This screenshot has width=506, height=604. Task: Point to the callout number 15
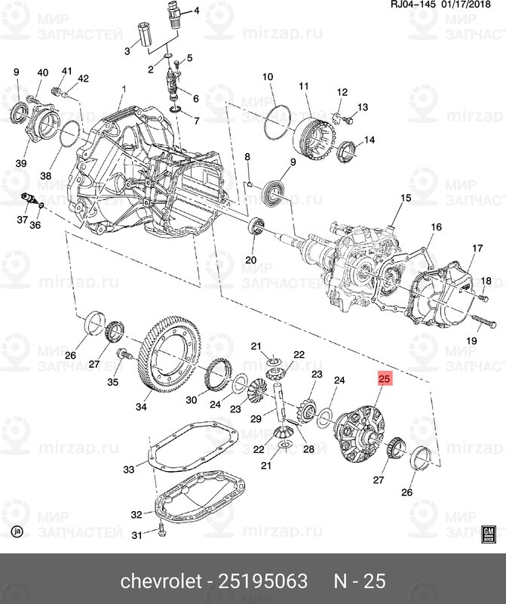405,199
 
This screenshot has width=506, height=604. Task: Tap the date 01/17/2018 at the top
471,6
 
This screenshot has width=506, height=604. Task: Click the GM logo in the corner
488,532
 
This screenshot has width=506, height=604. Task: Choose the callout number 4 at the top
196,11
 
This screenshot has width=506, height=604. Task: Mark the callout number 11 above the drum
305,87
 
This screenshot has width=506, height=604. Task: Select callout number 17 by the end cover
477,248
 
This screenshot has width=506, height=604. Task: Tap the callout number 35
113,382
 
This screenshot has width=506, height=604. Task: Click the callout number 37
23,220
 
